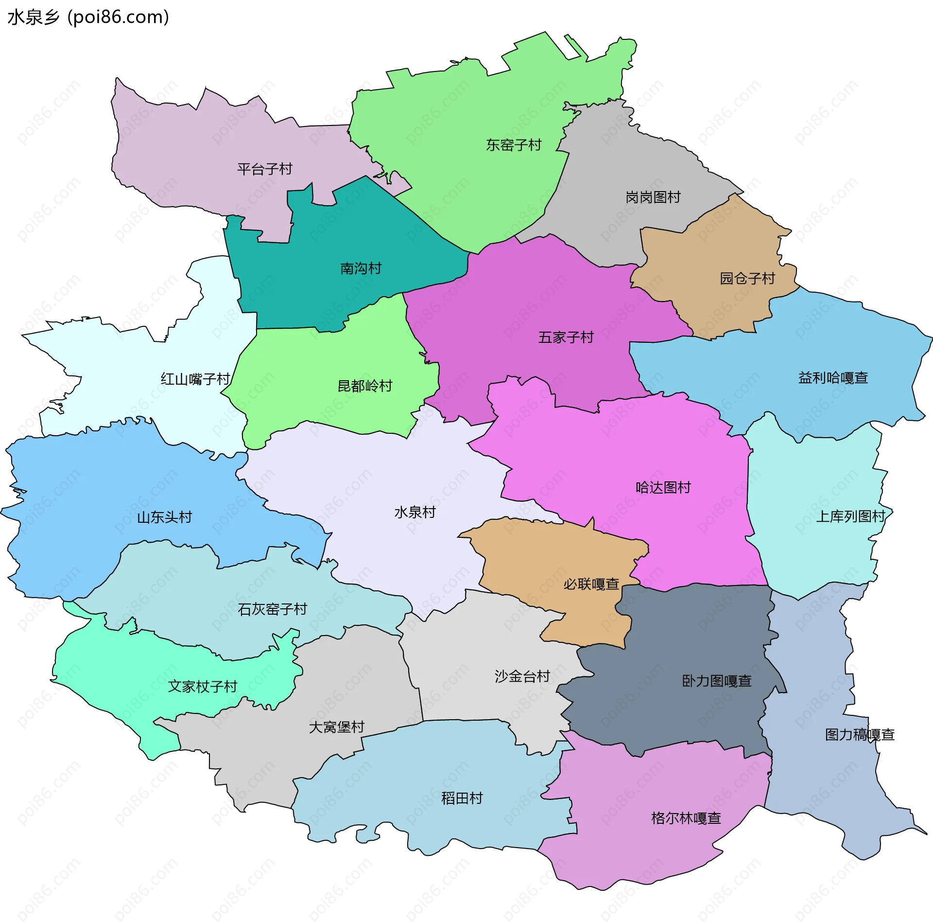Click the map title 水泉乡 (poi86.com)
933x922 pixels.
click(x=88, y=17)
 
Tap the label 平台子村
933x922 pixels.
click(x=264, y=169)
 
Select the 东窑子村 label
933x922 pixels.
click(x=514, y=145)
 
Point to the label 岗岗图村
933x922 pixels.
click(x=653, y=197)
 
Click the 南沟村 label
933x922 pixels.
click(x=361, y=268)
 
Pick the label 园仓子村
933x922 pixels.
click(x=747, y=279)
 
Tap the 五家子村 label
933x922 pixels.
click(x=566, y=337)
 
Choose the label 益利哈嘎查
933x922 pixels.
click(x=833, y=378)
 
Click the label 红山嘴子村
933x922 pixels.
click(x=195, y=379)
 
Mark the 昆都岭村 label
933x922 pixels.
click(x=365, y=386)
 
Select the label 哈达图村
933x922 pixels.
click(x=663, y=487)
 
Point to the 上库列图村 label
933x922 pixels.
click(x=850, y=516)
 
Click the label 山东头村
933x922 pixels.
click(x=164, y=517)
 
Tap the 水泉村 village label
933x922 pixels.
click(x=415, y=512)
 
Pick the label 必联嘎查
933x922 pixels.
click(x=591, y=584)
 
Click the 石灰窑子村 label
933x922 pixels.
click(x=272, y=609)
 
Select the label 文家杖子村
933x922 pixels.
click(x=202, y=687)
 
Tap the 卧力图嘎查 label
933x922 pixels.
click(x=717, y=681)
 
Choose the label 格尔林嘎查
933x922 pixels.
click(x=686, y=818)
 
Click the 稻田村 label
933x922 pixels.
click(x=462, y=798)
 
